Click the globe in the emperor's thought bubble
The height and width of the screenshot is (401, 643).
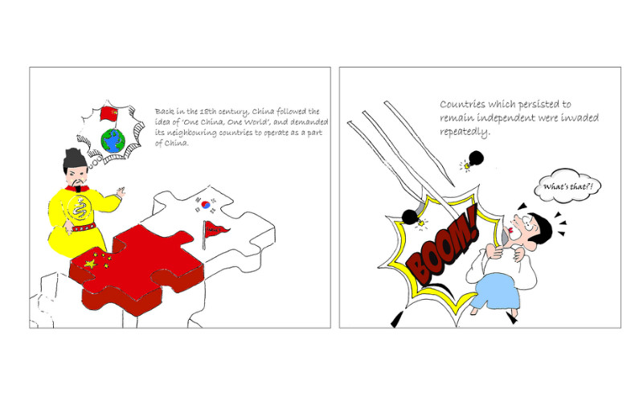pyautogui.click(x=113, y=141)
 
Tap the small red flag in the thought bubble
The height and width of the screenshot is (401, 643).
pyautogui.click(x=109, y=113)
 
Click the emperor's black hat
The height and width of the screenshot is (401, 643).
pyautogui.click(x=74, y=159)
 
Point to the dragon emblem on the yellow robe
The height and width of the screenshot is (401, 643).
pyautogui.click(x=80, y=208)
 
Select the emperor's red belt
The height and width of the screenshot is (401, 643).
pyautogui.click(x=84, y=227)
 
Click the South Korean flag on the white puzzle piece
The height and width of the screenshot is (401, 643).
pyautogui.click(x=206, y=205)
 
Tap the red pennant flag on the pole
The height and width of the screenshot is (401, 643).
pyautogui.click(x=217, y=229)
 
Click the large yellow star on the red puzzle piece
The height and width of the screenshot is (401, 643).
pyautogui.click(x=91, y=264)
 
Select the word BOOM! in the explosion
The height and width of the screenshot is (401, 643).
pyautogui.click(x=443, y=248)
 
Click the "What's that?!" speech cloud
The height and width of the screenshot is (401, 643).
pyautogui.click(x=567, y=186)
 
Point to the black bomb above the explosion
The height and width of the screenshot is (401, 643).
pyautogui.click(x=476, y=158)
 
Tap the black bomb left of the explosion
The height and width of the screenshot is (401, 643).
pyautogui.click(x=410, y=216)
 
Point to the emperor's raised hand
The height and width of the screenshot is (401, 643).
pyautogui.click(x=121, y=191)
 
